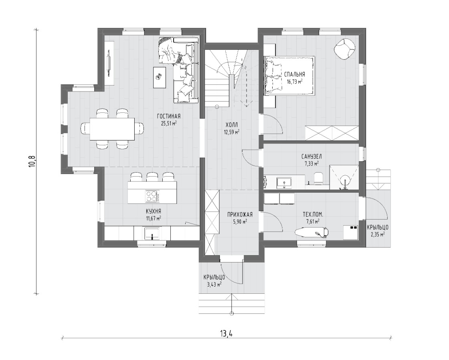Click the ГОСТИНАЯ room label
[x=169, y=116]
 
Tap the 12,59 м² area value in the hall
[x=232, y=132]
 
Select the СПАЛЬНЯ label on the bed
[x=294, y=74]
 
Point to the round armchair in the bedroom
[x=345, y=49]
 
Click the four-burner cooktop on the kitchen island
[x=152, y=196]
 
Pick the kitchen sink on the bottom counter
[x=152, y=233]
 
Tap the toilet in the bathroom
[x=318, y=178]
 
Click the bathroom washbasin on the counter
[x=284, y=183]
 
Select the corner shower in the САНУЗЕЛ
[x=344, y=177]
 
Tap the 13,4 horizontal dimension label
[x=226, y=334]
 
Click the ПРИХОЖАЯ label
[x=240, y=214]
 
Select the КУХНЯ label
[x=153, y=211]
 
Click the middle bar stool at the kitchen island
[x=152, y=177]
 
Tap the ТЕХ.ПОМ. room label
[x=313, y=214]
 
